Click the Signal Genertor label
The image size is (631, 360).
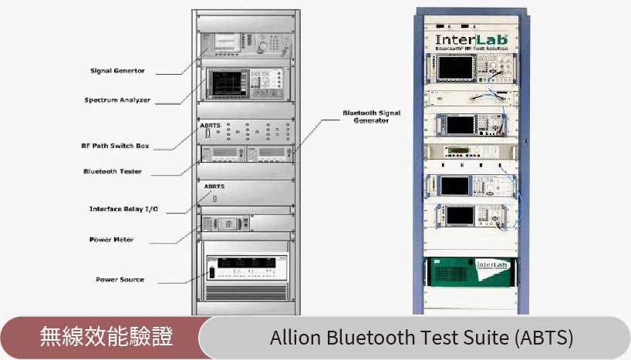(x=118, y=72)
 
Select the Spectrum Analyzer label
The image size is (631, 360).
(x=117, y=100)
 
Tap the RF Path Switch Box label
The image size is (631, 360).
(x=115, y=146)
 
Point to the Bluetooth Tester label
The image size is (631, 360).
(x=113, y=171)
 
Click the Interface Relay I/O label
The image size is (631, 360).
(x=123, y=209)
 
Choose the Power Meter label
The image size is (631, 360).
(x=111, y=240)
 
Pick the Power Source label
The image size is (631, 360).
(x=120, y=279)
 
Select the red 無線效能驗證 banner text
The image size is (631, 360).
(x=106, y=337)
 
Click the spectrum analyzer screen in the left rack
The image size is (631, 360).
(x=227, y=83)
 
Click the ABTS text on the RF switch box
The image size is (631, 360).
(x=210, y=125)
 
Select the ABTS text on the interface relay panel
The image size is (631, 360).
(x=214, y=187)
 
